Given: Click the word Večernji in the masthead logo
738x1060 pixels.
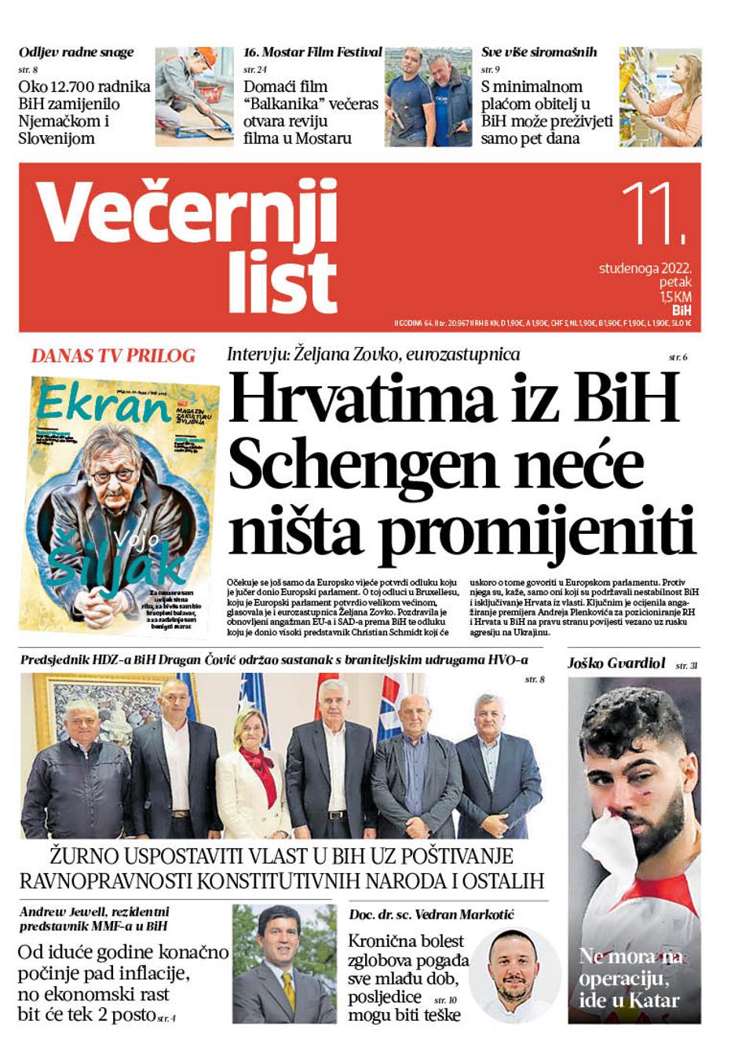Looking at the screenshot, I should pos(187,212).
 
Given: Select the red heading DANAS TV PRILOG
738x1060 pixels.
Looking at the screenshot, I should pos(113,356).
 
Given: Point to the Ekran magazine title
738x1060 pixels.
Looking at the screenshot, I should pos(102,404).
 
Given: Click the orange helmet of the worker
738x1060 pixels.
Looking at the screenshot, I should pos(206,57).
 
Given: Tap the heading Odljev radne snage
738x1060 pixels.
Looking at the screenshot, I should pos(76,53).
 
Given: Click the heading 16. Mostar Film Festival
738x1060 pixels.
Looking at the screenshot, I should pos(312,53).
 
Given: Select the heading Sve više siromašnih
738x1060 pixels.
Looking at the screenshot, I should pos(539,53).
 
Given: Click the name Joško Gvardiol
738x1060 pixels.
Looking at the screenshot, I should pos(616,663).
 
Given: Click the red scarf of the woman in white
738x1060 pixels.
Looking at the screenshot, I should pos(259,766).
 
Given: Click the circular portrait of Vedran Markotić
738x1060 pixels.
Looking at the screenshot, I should pos(514,974).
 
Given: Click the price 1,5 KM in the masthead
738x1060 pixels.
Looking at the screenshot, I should pos(675,297).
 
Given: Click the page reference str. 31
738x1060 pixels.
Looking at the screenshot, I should pos(686,666).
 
